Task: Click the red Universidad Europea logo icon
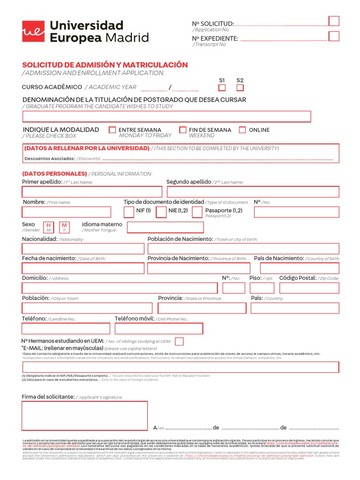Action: tap(33, 31)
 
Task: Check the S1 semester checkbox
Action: tap(222, 88)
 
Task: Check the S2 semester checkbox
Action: tap(240, 88)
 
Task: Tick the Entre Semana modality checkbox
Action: tap(112, 130)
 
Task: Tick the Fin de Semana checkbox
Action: tap(183, 130)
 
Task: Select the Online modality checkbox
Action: tap(242, 130)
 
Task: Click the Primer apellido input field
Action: tap(92, 192)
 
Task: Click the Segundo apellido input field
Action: tap(253, 192)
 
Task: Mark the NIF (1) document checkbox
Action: tap(129, 212)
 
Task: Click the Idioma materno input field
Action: tap(165, 227)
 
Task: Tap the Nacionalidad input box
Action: tap(83, 248)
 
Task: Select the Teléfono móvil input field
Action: tap(159, 328)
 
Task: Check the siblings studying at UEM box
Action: tap(179, 341)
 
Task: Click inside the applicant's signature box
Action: tap(84, 415)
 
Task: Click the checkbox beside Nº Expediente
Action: tap(334, 36)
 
